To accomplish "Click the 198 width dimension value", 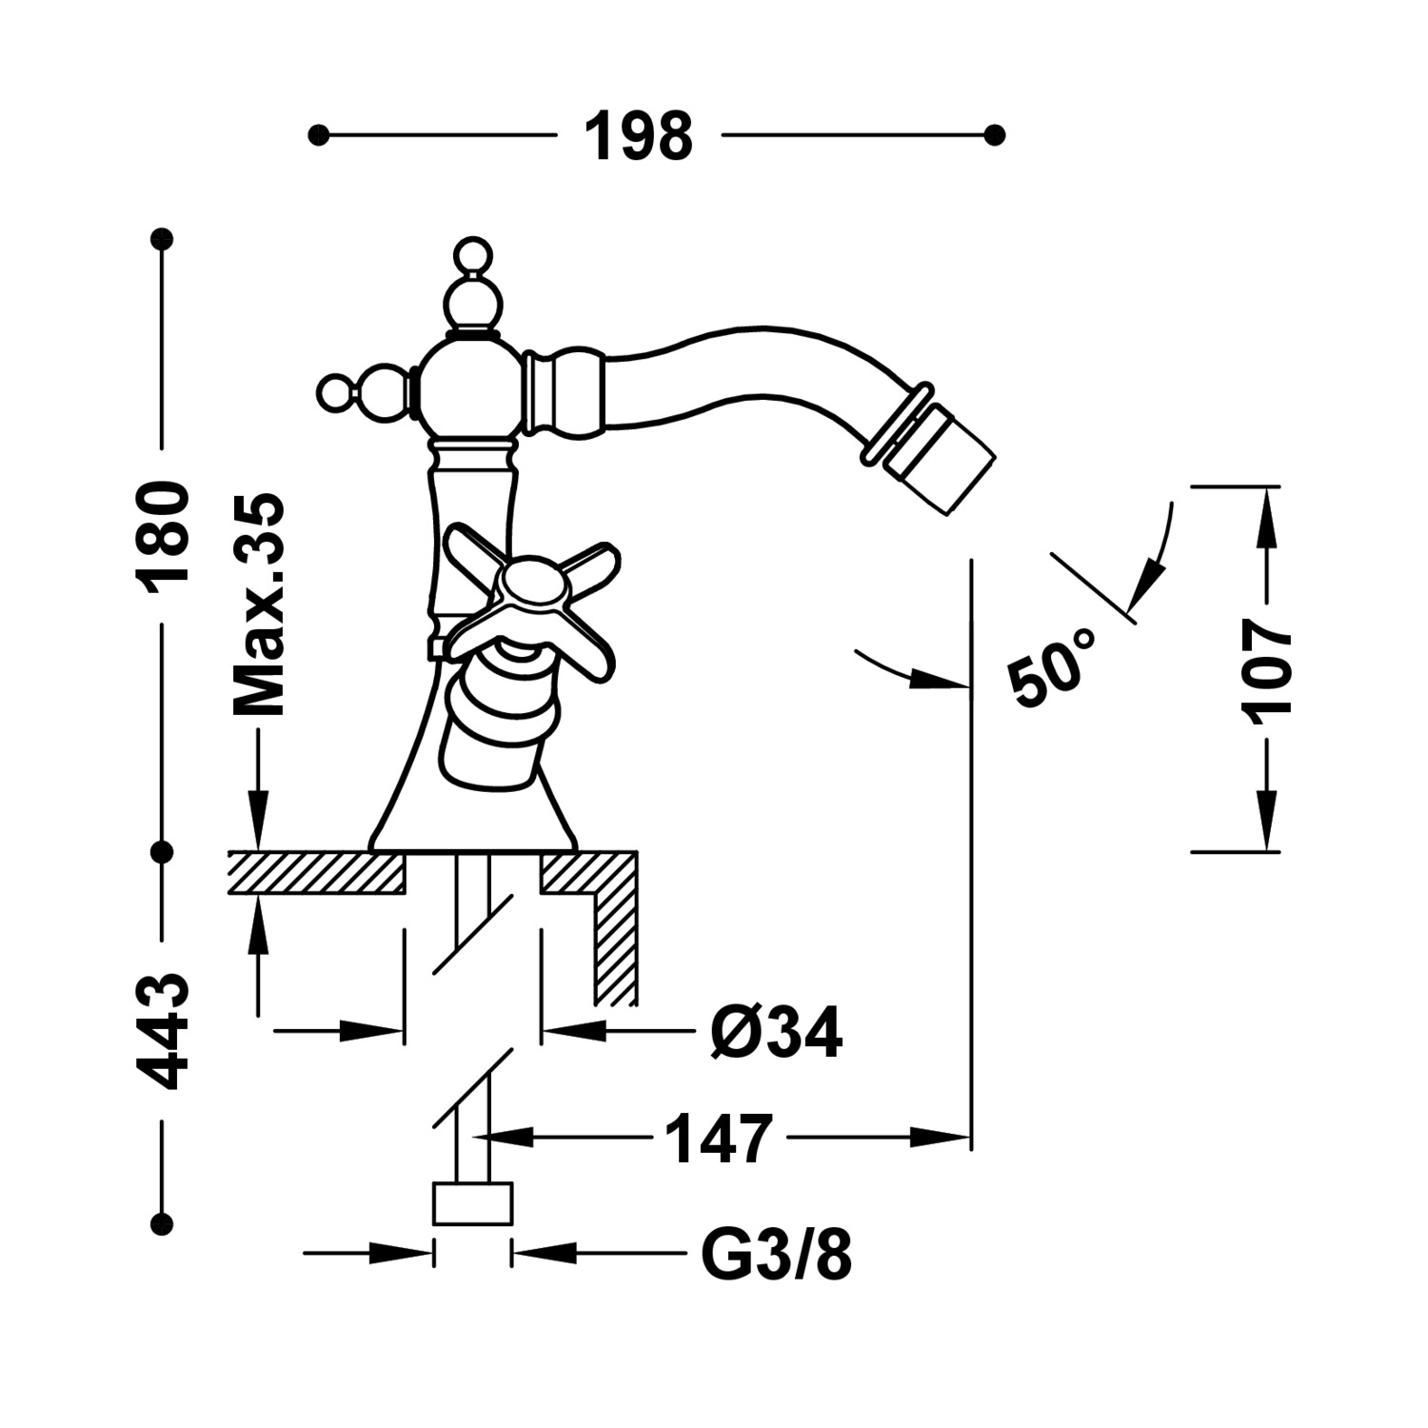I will (x=638, y=136).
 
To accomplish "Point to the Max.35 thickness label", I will (x=259, y=605).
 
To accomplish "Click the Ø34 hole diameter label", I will (x=776, y=1032).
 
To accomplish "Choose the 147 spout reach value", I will (x=717, y=1139).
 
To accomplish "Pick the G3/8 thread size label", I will (x=776, y=1258).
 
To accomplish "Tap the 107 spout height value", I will (x=1267, y=667).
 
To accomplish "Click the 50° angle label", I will (x=1052, y=666).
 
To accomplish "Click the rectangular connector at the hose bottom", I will (x=472, y=1203).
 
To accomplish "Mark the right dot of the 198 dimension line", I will (x=995, y=136).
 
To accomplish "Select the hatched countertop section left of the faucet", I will (x=314, y=873).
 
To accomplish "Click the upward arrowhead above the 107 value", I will (x=1266, y=519).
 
